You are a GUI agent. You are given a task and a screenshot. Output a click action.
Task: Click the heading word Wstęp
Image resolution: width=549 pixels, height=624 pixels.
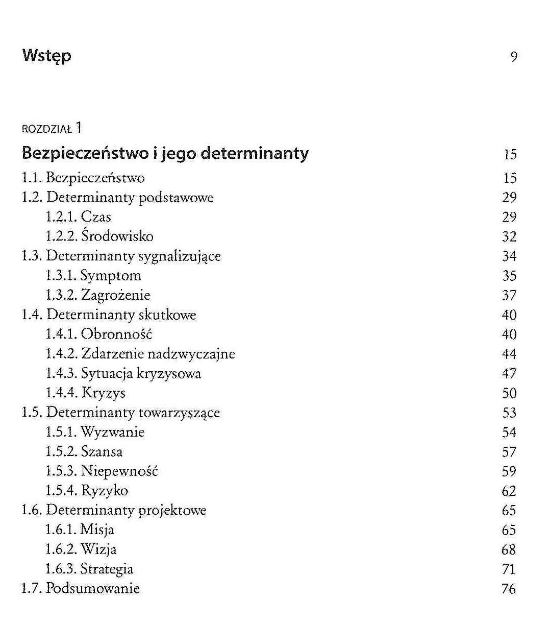[x=46, y=56]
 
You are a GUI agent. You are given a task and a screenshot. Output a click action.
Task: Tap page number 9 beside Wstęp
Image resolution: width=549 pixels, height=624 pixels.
[x=514, y=57]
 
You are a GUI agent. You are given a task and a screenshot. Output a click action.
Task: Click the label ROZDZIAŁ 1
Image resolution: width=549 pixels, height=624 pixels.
[x=52, y=128]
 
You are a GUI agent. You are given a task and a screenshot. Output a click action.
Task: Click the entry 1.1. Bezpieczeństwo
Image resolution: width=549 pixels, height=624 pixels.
[x=83, y=178]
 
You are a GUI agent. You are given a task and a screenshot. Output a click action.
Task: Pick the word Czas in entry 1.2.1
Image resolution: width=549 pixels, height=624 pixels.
[x=96, y=217]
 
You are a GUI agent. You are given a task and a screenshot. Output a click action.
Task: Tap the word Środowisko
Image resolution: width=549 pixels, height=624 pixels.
[x=117, y=236]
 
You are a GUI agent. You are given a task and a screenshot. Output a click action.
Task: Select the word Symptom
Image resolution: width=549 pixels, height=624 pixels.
[x=111, y=276]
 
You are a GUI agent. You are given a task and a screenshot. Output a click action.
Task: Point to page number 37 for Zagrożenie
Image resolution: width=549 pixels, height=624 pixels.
[x=509, y=295]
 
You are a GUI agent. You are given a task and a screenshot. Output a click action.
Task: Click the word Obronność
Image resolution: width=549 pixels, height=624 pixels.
[x=117, y=334]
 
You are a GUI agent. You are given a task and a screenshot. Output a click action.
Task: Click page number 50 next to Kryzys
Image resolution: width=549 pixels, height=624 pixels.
[x=509, y=393]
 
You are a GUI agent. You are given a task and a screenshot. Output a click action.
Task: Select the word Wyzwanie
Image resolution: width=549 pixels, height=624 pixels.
[x=113, y=433]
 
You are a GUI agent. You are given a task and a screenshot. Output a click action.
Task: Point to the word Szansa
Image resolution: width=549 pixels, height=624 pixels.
[x=102, y=452]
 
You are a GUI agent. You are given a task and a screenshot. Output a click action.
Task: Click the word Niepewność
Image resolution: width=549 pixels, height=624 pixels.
[x=119, y=471]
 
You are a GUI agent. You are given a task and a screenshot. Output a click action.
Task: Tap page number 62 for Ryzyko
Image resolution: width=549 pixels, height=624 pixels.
[x=509, y=491]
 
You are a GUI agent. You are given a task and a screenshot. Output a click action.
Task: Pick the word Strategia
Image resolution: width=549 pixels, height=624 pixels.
[x=107, y=569]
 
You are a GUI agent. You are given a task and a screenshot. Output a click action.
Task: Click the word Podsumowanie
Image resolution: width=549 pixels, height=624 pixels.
[x=92, y=588]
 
